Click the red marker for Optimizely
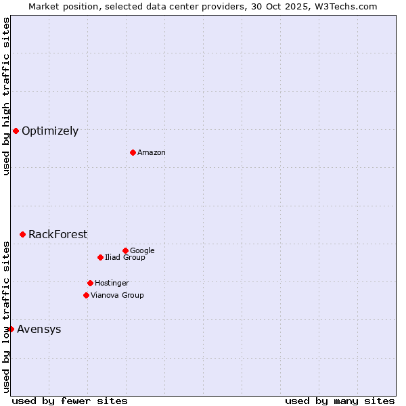pyautogui.click(x=16, y=131)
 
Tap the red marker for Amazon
pyautogui.click(x=133, y=152)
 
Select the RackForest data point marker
pyautogui.click(x=22, y=234)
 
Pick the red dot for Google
pyautogui.click(x=125, y=250)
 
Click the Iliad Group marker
pyautogui.click(x=100, y=257)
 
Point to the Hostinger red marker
pyautogui.click(x=90, y=283)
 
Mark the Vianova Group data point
pyautogui.click(x=86, y=295)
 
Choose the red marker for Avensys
pyautogui.click(x=11, y=329)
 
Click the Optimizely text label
pyautogui.click(x=50, y=131)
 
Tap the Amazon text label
pyautogui.click(x=152, y=153)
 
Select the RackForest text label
pyautogui.click(x=58, y=235)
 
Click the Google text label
pyautogui.click(x=142, y=251)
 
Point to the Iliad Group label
pyautogui.click(x=125, y=258)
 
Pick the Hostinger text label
pyautogui.click(x=112, y=284)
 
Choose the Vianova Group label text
pyautogui.click(x=117, y=296)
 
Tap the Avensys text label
pyautogui.click(x=39, y=330)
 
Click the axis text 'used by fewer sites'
pyautogui.click(x=70, y=401)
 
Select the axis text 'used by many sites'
pyautogui.click(x=340, y=401)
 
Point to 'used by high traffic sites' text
pyautogui.click(x=7, y=96)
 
